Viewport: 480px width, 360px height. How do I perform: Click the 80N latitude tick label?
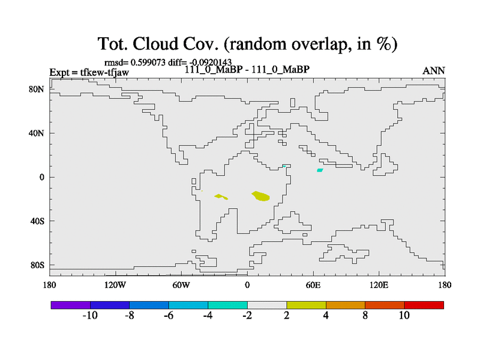(x=37, y=89)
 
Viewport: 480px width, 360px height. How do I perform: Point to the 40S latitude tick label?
(x=37, y=221)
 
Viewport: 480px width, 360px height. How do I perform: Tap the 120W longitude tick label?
(x=115, y=285)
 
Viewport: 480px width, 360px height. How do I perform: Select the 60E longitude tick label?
(x=313, y=285)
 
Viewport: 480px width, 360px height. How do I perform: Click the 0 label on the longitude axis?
(x=247, y=285)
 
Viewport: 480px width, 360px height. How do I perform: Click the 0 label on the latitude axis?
(x=41, y=177)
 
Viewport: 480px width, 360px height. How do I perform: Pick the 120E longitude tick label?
(x=379, y=285)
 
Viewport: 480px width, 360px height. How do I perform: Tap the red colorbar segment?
(x=424, y=305)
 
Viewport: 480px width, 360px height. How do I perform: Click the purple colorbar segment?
(x=71, y=305)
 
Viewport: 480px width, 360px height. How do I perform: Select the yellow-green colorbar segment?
(x=306, y=305)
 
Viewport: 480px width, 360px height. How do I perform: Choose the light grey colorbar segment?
(x=267, y=305)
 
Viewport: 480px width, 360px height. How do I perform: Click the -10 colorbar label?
(x=90, y=315)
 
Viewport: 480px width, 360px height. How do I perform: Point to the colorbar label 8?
(x=365, y=315)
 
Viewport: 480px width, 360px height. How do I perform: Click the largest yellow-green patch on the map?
(x=261, y=196)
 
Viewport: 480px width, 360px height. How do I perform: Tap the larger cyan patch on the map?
(x=320, y=170)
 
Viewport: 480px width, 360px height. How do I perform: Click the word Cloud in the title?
(x=155, y=43)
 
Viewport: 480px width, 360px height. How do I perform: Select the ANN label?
(x=433, y=71)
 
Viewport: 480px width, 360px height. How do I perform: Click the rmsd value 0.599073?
(x=148, y=62)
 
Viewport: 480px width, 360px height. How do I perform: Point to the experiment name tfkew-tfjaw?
(x=104, y=72)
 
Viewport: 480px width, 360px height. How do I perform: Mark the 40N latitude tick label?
(x=37, y=133)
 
